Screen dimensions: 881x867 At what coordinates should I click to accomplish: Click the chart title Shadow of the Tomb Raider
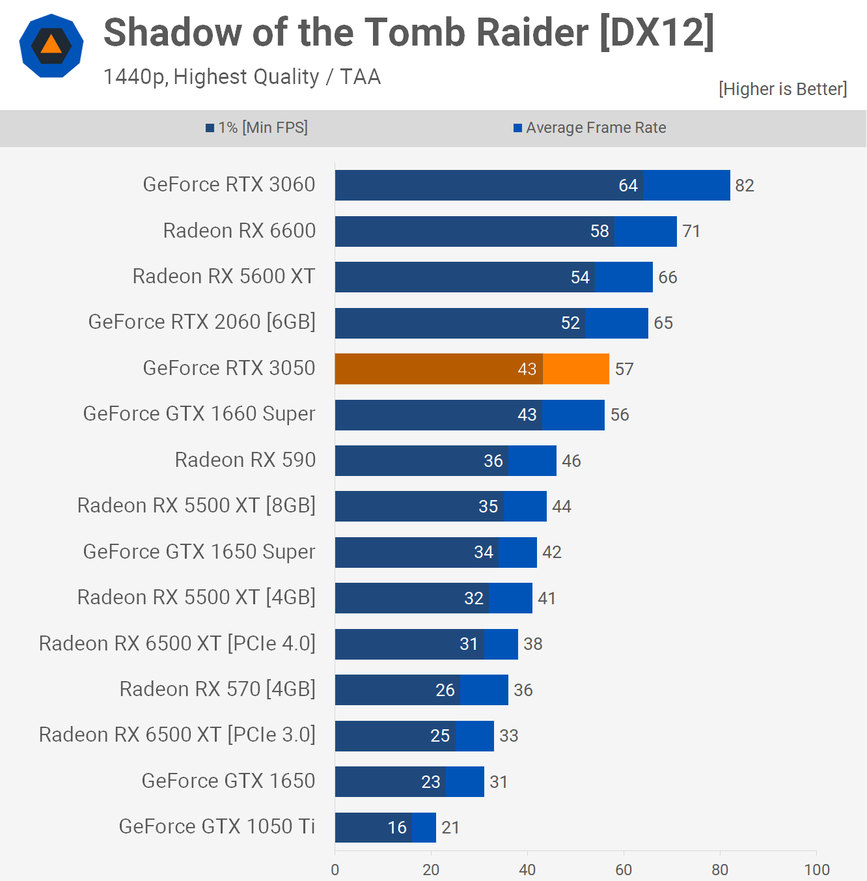[409, 33]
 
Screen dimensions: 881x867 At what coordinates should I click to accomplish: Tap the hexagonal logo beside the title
[51, 46]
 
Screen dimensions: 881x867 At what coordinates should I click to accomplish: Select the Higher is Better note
[782, 89]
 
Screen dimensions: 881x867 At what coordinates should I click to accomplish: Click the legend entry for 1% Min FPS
[257, 128]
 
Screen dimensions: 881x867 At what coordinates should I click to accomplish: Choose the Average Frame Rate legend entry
[590, 128]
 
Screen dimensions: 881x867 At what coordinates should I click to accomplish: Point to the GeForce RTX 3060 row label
[229, 185]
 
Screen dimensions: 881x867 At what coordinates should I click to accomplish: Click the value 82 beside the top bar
[744, 186]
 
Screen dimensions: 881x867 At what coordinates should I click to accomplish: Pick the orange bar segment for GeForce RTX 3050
[575, 369]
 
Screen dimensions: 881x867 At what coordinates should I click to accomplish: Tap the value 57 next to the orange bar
[624, 369]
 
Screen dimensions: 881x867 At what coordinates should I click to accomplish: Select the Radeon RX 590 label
[245, 460]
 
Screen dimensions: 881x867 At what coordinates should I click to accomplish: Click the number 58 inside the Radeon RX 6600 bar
[599, 231]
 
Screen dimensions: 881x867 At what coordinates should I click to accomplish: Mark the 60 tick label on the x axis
[624, 870]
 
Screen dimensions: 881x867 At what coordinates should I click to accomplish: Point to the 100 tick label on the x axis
[816, 870]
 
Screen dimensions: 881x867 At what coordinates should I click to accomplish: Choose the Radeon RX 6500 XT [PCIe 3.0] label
[177, 735]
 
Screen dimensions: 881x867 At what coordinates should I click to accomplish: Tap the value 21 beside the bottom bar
[450, 828]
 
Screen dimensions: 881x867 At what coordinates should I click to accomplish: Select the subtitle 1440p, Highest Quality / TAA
[242, 77]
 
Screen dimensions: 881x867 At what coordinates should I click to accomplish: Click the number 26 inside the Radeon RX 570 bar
[445, 690]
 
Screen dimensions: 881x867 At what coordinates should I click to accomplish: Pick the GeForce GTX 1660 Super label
[199, 414]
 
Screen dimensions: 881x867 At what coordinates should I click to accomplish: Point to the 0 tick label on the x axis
[335, 870]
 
